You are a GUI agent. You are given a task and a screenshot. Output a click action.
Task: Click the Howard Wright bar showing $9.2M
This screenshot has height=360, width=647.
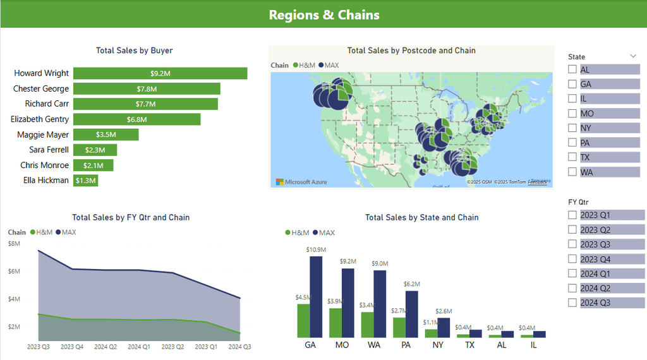[x=160, y=73]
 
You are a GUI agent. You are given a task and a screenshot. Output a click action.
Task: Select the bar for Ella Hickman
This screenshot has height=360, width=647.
[x=85, y=181]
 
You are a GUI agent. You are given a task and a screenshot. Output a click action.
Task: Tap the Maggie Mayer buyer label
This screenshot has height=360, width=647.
[x=43, y=135]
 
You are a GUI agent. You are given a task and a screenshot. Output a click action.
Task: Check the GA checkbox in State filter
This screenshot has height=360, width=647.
[x=572, y=84]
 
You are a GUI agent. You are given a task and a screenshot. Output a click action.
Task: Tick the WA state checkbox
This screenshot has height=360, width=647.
[x=572, y=172]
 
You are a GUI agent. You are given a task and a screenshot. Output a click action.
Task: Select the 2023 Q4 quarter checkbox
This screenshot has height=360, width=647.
[x=572, y=259]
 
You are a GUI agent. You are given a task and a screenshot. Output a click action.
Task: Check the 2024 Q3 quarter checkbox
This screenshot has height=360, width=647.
[x=572, y=303]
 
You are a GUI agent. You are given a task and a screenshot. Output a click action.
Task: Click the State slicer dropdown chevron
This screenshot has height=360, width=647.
[x=633, y=56]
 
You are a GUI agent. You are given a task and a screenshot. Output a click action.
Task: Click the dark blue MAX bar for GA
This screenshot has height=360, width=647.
[x=316, y=297]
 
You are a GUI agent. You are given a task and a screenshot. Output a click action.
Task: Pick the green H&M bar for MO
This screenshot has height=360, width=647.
[x=336, y=322]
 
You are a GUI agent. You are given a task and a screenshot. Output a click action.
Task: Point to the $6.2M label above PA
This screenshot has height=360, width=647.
[x=411, y=285]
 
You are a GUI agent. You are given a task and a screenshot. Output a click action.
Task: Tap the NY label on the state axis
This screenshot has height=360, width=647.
[x=438, y=346]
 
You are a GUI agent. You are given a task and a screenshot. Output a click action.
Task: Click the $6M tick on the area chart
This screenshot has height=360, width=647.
[x=14, y=271]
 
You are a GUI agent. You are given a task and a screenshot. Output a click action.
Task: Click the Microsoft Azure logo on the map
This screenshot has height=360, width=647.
[x=301, y=182]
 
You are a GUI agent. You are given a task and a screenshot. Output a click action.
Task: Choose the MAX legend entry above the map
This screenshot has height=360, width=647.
[x=329, y=65]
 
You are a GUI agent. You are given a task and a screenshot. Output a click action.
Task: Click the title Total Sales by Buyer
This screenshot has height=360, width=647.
[x=134, y=51]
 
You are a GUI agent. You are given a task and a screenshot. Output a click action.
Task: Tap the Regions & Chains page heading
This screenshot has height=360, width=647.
[x=323, y=15]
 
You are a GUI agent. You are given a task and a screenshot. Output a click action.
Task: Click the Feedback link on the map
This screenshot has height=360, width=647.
[x=538, y=182]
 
